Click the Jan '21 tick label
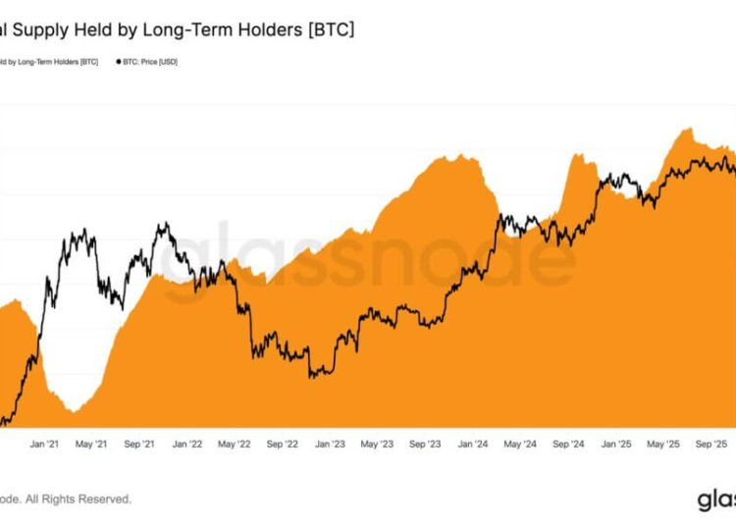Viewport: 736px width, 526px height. (45, 445)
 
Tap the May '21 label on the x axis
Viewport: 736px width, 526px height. (90, 445)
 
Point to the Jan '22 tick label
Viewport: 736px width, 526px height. (186, 445)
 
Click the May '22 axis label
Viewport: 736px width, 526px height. (234, 445)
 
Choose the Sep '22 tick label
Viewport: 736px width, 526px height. (282, 445)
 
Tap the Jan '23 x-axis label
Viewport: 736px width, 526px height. (330, 445)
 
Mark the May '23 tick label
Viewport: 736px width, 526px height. (377, 445)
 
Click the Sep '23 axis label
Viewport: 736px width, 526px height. (425, 445)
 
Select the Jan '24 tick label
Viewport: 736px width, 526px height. (472, 445)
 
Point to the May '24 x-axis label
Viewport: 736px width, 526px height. (520, 445)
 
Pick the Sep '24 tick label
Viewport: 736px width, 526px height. (568, 445)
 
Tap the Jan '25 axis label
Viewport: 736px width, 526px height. (616, 445)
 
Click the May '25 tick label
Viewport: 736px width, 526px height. (663, 445)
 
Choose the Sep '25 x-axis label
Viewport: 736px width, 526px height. (711, 445)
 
